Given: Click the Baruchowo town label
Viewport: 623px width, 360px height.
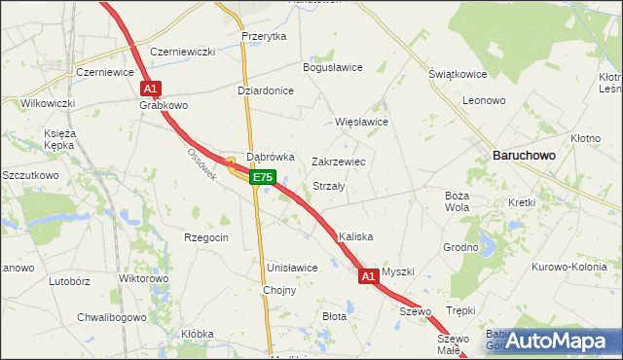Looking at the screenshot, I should [x=523, y=155].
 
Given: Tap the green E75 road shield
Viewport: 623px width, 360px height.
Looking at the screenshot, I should [x=263, y=177].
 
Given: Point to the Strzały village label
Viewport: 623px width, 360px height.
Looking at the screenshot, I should [x=329, y=186].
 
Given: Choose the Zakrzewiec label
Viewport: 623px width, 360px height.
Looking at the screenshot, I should [x=338, y=162].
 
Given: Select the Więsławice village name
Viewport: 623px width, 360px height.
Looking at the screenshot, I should [x=361, y=123].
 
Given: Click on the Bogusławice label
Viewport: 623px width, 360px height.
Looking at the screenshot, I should [x=333, y=67].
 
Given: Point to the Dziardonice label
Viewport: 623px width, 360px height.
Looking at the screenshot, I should [x=266, y=90].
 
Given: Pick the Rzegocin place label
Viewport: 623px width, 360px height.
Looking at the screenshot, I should [x=206, y=237].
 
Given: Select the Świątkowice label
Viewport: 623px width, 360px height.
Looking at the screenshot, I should [x=458, y=74].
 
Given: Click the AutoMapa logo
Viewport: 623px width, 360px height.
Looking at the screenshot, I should [x=559, y=341].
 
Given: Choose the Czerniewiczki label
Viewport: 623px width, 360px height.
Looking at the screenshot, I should [x=182, y=52].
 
